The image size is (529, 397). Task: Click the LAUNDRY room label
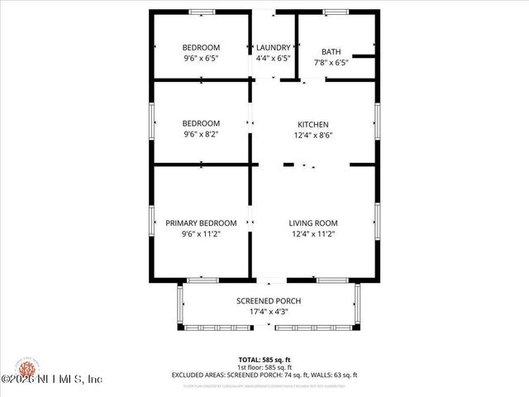tap(273, 47)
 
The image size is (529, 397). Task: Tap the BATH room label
tap(331, 51)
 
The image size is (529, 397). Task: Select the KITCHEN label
tap(313, 123)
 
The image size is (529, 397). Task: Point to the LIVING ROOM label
tap(313, 222)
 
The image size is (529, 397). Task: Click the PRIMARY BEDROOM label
tap(201, 222)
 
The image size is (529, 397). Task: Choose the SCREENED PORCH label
tap(269, 300)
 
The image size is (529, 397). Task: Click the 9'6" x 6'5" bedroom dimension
tap(201, 59)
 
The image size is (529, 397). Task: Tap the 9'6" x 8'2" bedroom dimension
tap(201, 134)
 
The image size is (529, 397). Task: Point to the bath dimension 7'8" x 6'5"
tap(331, 62)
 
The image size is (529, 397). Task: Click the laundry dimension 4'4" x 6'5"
tap(273, 59)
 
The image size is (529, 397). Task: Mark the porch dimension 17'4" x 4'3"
tap(269, 312)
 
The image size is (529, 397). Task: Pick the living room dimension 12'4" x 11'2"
tap(313, 233)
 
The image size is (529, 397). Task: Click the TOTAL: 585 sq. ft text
tap(264, 360)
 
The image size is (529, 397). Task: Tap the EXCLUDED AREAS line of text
tap(264, 375)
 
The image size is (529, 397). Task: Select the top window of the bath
tap(335, 12)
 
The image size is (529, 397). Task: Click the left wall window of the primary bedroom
tap(151, 221)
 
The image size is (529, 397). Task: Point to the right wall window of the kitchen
tap(377, 120)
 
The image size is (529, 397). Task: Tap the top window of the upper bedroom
tap(202, 12)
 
